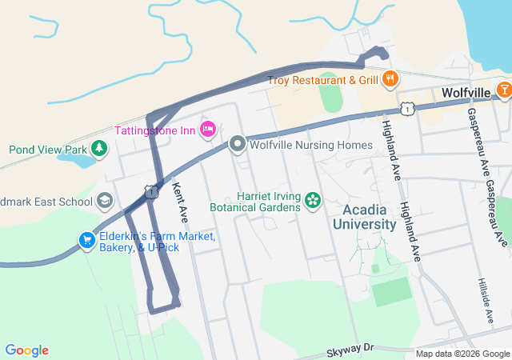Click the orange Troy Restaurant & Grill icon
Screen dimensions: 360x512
point(390,78)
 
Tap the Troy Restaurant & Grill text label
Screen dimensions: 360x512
point(322,80)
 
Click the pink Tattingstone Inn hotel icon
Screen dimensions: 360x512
point(208,129)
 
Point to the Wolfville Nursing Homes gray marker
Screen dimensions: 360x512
point(237,145)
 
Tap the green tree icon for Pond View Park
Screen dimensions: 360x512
point(98,149)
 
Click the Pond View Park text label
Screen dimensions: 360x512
point(47,150)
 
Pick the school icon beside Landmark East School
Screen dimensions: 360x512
point(104,201)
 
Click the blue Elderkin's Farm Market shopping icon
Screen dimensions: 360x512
point(86,239)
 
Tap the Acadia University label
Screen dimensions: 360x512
point(369,217)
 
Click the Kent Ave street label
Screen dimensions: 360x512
point(180,202)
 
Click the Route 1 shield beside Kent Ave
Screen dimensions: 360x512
point(150,190)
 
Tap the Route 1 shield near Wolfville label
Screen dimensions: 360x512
point(408,107)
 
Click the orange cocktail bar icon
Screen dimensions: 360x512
point(504,89)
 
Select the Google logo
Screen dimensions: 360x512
point(26,350)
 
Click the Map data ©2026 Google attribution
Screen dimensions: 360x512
point(462,354)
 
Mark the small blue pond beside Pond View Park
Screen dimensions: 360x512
point(74,160)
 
